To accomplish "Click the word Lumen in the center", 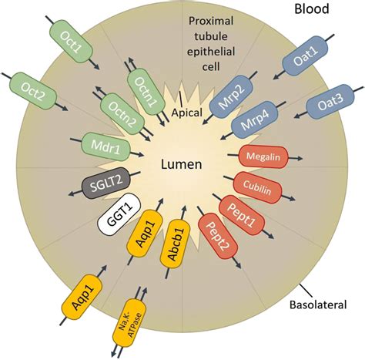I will (181, 164).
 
